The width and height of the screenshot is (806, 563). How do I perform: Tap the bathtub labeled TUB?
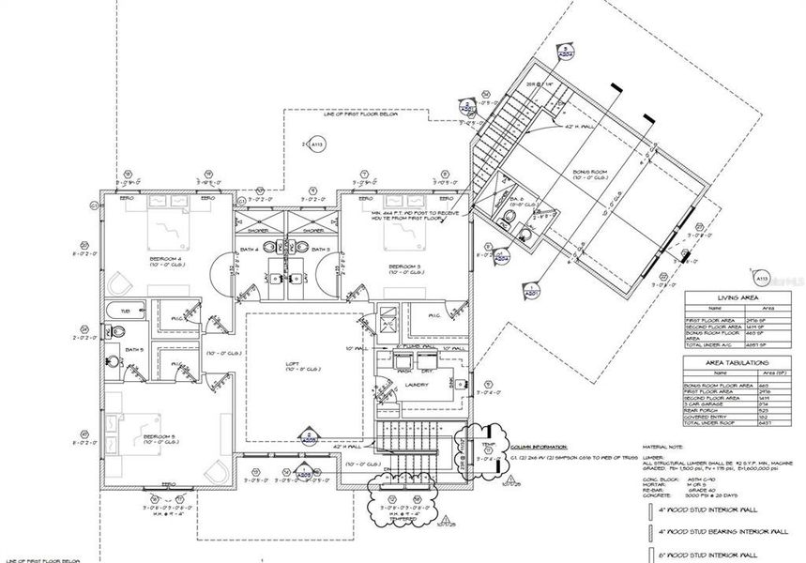(124, 310)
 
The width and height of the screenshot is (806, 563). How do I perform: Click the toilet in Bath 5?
(108, 330)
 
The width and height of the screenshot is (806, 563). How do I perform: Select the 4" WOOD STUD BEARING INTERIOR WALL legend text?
(723, 532)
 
